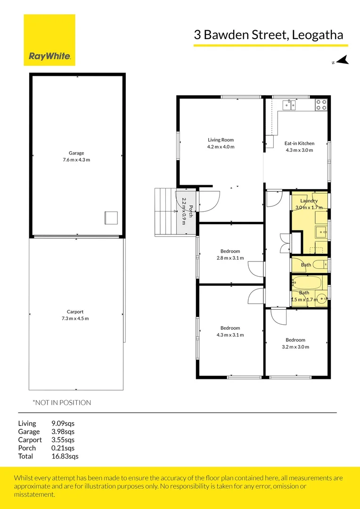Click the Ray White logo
pyautogui.click(x=49, y=40)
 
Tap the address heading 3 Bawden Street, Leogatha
pyautogui.click(x=269, y=35)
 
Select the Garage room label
pyautogui.click(x=76, y=153)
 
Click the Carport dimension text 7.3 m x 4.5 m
pyautogui.click(x=72, y=319)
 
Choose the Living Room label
pyautogui.click(x=221, y=140)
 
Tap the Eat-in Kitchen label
pyautogui.click(x=299, y=143)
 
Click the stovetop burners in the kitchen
pyautogui.click(x=321, y=104)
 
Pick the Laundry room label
pyautogui.click(x=309, y=201)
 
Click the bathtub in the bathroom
pyautogui.click(x=307, y=283)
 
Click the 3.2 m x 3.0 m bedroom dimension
pyautogui.click(x=295, y=347)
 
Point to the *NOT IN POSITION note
pyautogui.click(x=61, y=402)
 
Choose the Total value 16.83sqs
pyautogui.click(x=65, y=456)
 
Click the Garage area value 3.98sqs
pyautogui.click(x=63, y=431)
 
